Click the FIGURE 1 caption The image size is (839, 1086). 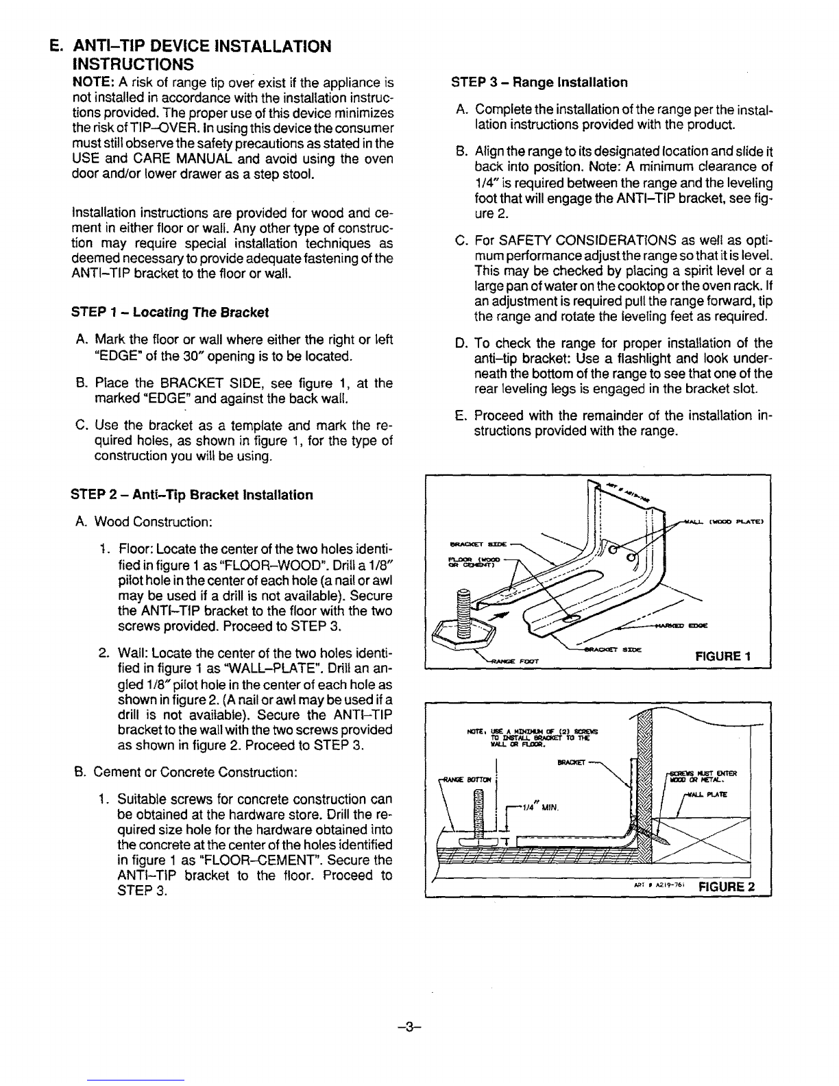[723, 656]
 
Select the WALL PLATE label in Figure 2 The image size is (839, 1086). [705, 793]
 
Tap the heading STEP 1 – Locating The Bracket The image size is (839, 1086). [170, 313]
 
